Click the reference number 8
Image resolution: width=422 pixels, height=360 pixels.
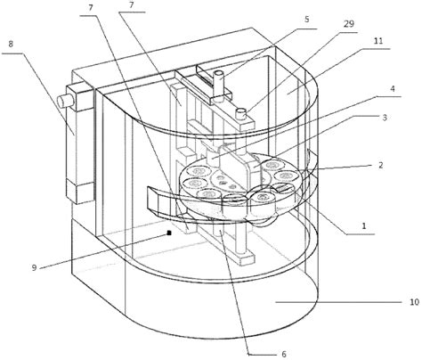11,45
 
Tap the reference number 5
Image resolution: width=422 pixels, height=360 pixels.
307,20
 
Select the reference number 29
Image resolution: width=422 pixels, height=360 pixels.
349,23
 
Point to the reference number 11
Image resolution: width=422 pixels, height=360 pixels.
378,41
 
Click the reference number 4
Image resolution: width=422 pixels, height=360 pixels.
393,89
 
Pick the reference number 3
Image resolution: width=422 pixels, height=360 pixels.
385,118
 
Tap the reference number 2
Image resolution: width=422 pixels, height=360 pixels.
381,165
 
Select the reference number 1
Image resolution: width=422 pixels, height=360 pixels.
364,226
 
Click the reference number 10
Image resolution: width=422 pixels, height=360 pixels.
414,302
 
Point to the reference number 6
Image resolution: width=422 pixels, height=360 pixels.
284,354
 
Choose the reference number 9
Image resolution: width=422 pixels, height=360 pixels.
34,267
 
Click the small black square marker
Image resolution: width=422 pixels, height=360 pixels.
169,233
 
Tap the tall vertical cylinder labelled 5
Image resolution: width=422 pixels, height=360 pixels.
220,84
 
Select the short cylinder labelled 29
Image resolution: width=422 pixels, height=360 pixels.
241,113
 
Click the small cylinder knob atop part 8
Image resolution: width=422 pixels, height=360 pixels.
65,101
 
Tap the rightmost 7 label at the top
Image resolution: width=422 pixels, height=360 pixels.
132,5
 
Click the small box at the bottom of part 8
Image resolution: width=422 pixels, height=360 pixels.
79,192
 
